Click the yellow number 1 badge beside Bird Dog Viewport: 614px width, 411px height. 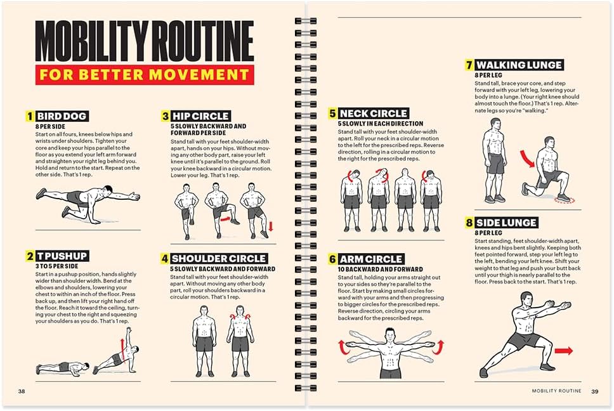[29, 116]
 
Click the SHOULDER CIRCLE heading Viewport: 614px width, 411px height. [218, 258]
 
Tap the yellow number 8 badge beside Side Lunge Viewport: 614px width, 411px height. [469, 223]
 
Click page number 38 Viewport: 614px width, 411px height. [22, 391]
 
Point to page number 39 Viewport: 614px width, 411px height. [595, 391]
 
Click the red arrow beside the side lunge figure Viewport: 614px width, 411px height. [563, 350]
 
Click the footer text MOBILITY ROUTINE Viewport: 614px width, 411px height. [556, 391]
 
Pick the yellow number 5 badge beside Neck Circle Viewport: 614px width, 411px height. [332, 114]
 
